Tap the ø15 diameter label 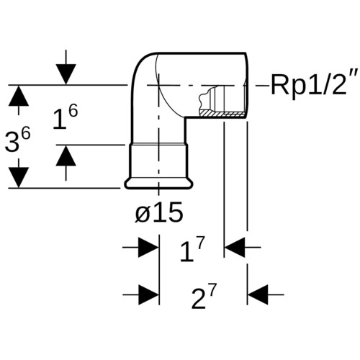click(159, 212)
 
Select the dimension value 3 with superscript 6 click(18, 140)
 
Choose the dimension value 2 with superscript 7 click(204, 296)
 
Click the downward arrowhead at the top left click(66, 74)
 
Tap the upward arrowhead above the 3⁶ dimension click(19, 96)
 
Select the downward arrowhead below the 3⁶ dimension click(19, 178)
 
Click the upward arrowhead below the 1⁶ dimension click(66, 156)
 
